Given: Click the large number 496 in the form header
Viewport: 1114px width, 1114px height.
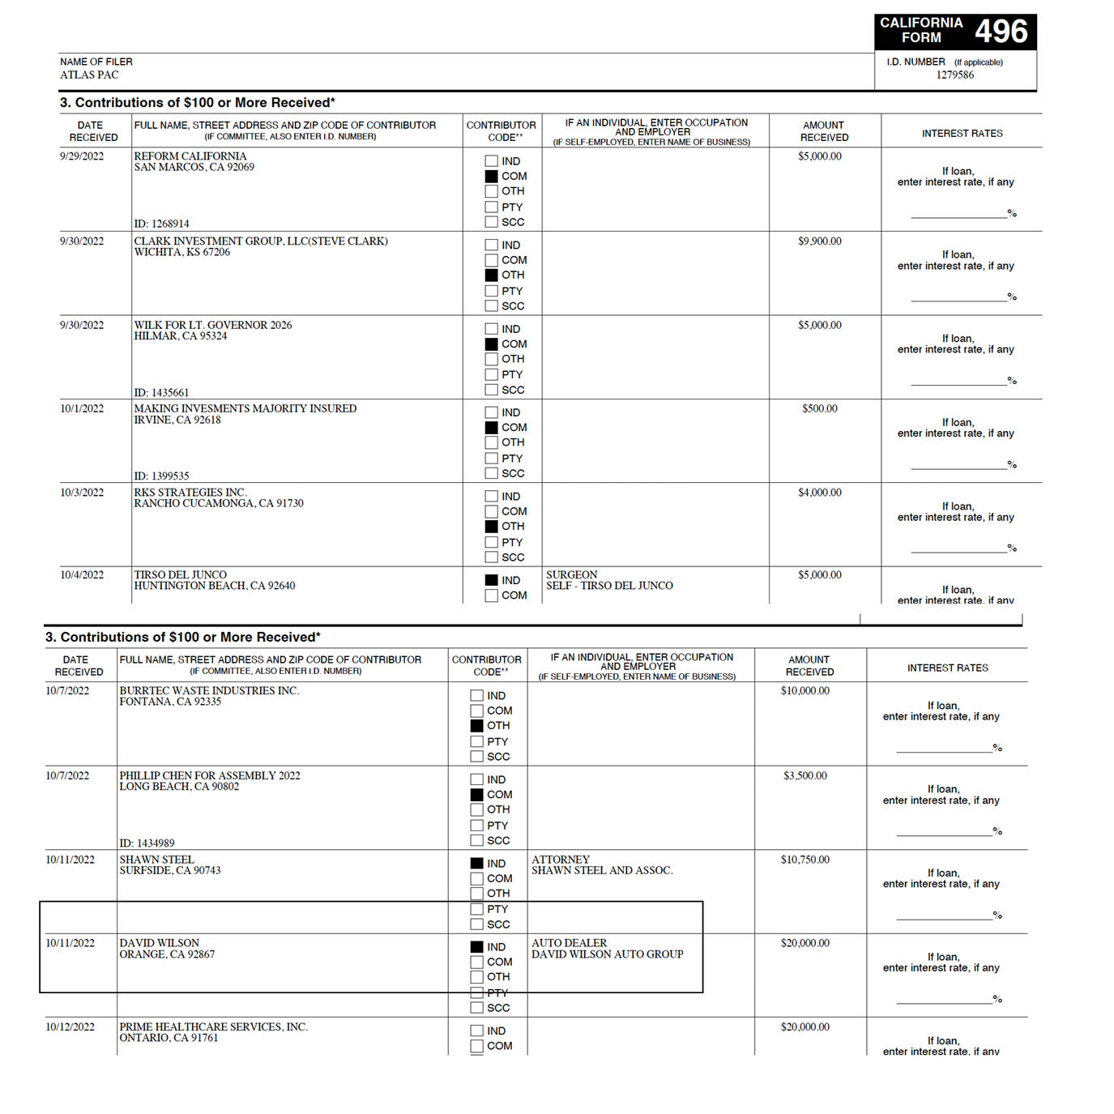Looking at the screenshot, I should (1001, 32).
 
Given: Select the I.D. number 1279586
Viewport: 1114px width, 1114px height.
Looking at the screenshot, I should (954, 75).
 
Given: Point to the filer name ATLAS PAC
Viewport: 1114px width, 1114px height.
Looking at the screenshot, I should (89, 75).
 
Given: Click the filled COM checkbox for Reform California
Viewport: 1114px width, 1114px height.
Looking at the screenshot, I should (491, 176).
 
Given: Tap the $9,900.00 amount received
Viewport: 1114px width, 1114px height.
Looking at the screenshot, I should (819, 241).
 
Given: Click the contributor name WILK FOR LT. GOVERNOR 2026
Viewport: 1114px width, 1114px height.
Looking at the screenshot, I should (212, 325).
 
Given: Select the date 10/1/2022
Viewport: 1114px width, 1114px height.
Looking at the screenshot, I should (82, 408).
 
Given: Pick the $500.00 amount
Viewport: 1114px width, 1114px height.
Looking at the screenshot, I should (819, 408).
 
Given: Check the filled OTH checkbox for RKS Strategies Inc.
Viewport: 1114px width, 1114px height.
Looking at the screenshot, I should (491, 526).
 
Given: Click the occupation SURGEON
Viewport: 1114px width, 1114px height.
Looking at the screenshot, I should (571, 574).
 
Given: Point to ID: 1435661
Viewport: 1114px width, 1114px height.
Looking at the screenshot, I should (161, 392).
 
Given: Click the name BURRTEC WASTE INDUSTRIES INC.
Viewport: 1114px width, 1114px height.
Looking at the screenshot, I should (209, 690).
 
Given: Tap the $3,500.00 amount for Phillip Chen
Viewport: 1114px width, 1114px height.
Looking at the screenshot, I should (805, 775).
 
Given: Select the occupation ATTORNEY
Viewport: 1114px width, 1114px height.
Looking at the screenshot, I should (561, 860).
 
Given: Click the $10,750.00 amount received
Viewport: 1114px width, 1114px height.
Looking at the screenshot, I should (805, 860).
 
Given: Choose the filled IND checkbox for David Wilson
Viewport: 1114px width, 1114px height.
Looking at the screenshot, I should (476, 946).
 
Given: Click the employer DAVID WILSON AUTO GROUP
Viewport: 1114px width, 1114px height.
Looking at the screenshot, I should (607, 954).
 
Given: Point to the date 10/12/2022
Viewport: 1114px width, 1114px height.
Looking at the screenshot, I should (70, 1027).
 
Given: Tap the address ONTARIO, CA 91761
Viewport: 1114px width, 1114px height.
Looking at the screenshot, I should (169, 1038).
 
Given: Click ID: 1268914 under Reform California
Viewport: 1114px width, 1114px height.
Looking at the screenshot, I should (161, 224).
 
